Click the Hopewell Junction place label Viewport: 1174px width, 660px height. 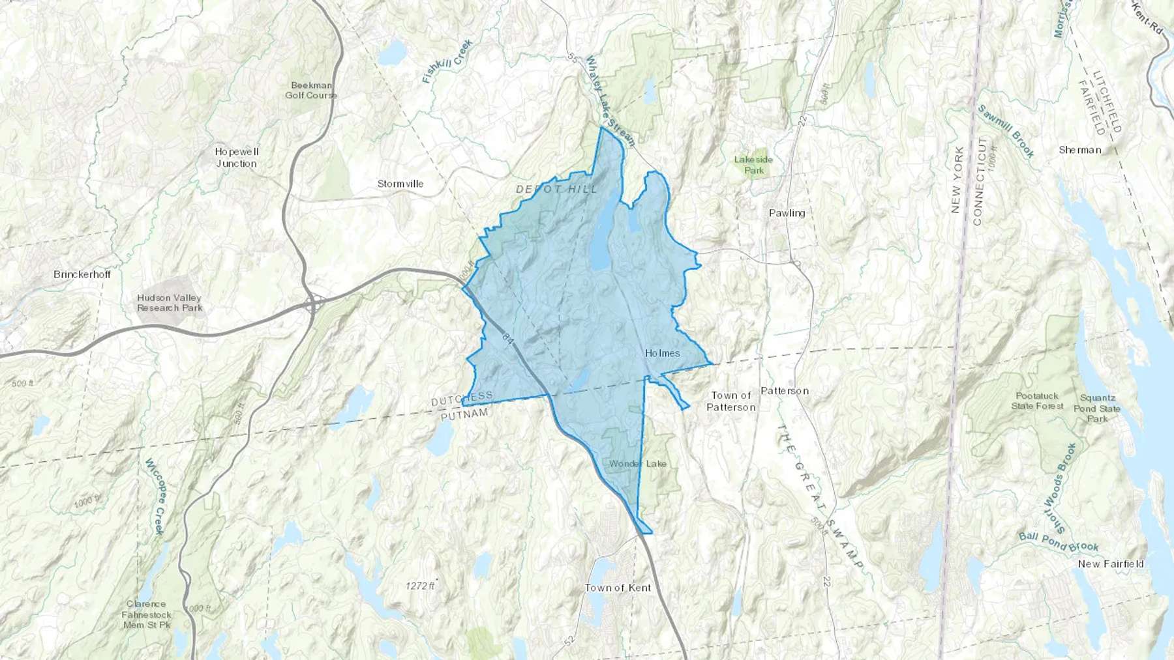pos(237,158)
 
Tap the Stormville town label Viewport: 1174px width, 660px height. pos(400,184)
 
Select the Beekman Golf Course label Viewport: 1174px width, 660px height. pos(311,90)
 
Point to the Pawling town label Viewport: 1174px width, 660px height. pos(787,213)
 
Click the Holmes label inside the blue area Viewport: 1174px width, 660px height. pos(662,353)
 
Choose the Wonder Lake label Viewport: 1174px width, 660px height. pos(638,463)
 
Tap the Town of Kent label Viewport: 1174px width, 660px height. pos(618,588)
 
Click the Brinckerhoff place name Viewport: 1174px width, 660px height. pos(82,274)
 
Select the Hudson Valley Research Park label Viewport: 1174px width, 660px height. pos(170,303)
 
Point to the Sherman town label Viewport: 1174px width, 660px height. pos(1080,150)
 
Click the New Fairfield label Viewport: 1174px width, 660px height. pos(1111,564)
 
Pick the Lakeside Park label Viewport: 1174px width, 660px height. pos(753,165)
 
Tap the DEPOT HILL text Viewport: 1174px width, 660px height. pos(556,189)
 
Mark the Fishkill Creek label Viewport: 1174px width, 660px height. pos(447,62)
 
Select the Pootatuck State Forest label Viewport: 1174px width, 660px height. pos(1037,401)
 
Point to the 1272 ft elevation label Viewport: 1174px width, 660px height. pos(419,586)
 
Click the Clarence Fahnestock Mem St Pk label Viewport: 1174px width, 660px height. pos(146,614)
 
